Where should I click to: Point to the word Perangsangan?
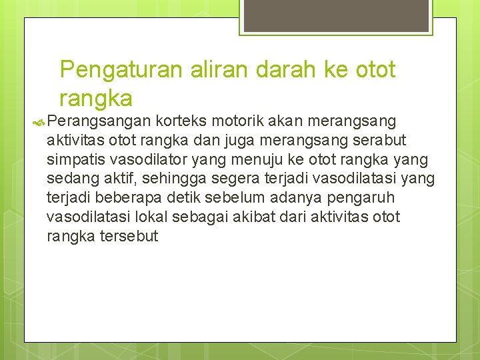click(99, 122)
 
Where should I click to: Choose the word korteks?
click(181, 121)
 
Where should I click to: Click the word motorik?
click(235, 121)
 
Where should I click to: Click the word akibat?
click(253, 217)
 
